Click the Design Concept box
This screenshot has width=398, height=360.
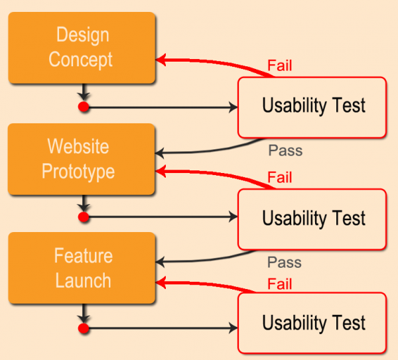tap(82, 47)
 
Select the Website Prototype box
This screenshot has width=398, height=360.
tap(82, 159)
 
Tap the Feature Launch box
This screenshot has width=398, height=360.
tap(82, 268)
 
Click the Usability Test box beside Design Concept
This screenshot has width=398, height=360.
tap(312, 107)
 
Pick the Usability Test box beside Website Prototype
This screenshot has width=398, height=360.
tap(312, 219)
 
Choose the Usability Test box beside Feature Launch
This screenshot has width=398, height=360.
tap(312, 324)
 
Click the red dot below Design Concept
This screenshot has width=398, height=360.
tap(84, 107)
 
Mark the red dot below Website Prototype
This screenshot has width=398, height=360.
tap(84, 217)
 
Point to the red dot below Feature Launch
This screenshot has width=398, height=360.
tap(84, 328)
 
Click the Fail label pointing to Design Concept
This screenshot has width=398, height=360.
tap(280, 66)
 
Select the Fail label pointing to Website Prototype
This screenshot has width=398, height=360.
tap(280, 178)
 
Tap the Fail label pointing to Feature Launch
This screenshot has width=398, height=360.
tap(280, 284)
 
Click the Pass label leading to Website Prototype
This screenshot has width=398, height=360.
tap(285, 150)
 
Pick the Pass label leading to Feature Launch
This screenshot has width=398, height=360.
tap(285, 263)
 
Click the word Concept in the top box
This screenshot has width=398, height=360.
tap(81, 60)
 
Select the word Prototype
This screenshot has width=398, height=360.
tap(78, 172)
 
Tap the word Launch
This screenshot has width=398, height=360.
tap(83, 280)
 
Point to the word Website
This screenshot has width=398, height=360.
tap(78, 146)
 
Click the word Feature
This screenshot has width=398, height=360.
tap(83, 256)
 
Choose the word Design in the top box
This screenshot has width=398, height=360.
tap(82, 34)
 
